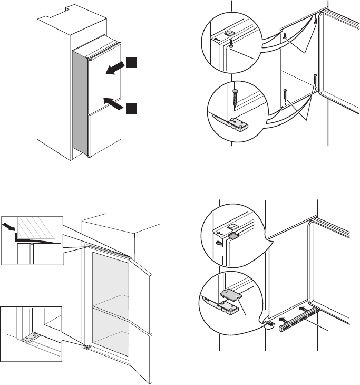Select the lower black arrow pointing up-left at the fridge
(x=114, y=102)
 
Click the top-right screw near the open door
(x=315, y=21)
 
